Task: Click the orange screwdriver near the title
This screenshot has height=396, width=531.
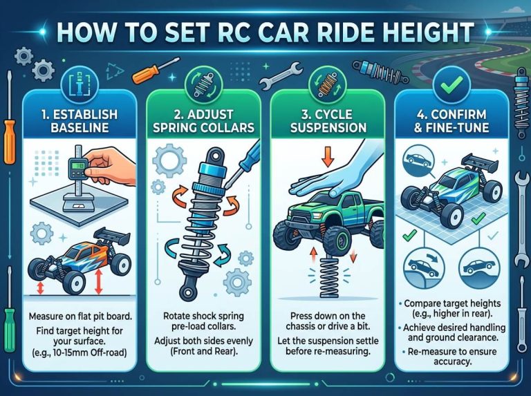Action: coord(148,68)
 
